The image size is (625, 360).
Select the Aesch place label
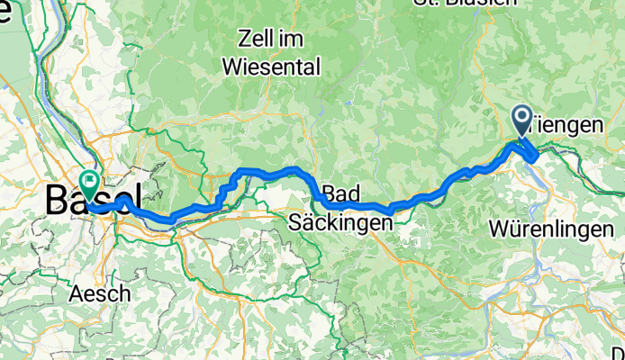click(99, 293)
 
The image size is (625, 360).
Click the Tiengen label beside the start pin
click(567, 126)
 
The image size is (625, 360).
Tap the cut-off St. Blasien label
click(466, 3)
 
